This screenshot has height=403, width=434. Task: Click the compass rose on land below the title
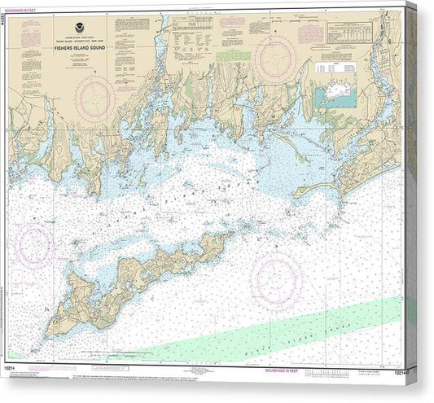tap(95, 99)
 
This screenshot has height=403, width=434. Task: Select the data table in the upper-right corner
tap(355, 32)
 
